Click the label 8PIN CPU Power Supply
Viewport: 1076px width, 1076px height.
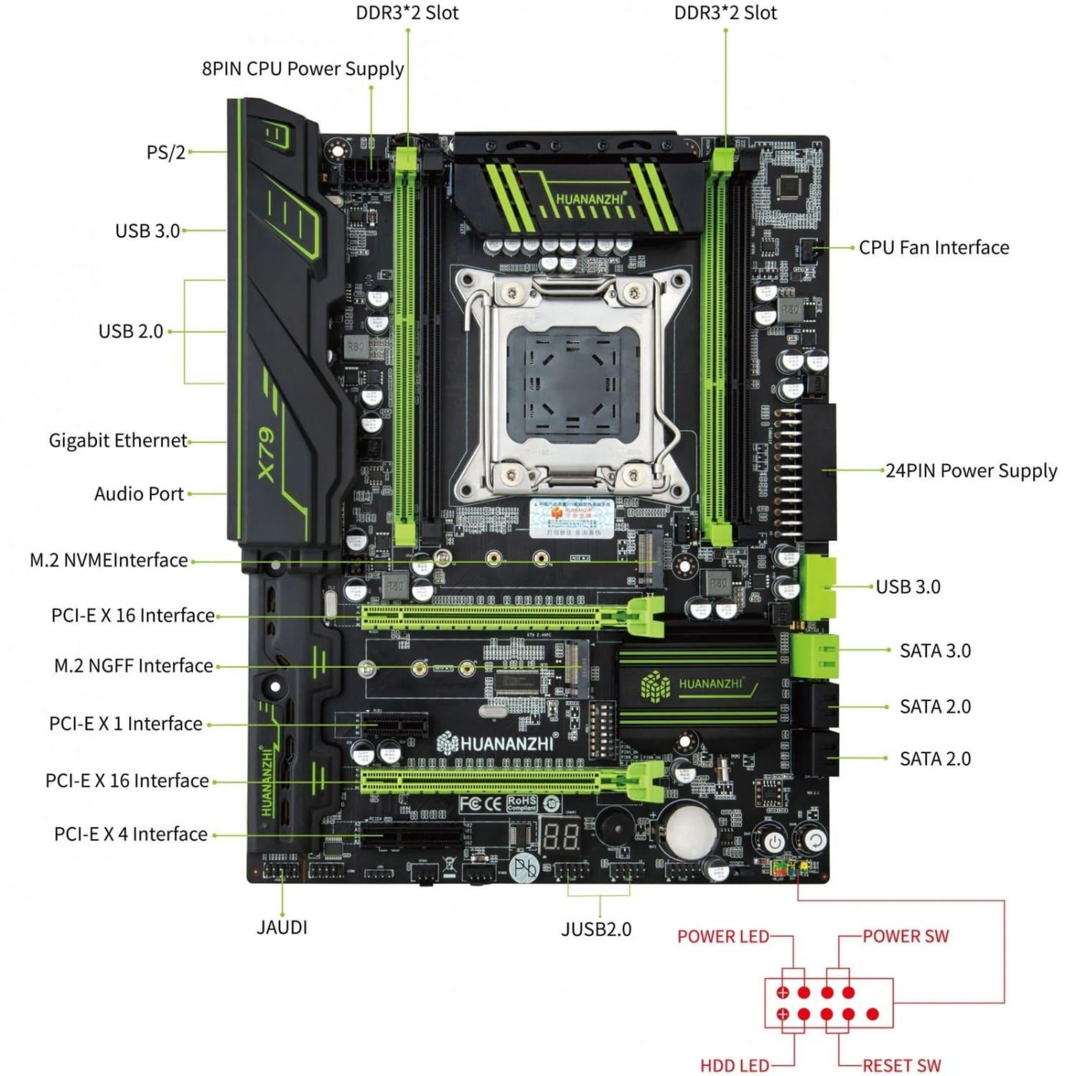(x=302, y=68)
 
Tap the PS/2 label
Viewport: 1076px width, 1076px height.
(x=166, y=152)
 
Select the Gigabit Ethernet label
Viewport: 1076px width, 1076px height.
(x=118, y=440)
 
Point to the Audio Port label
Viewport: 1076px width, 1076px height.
(x=139, y=493)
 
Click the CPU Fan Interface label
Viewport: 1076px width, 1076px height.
(x=934, y=247)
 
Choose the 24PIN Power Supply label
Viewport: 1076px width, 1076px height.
(x=971, y=470)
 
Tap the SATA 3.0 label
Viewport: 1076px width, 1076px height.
(x=935, y=651)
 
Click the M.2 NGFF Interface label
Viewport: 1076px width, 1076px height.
(x=134, y=666)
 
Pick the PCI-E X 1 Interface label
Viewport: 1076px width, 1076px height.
(x=126, y=724)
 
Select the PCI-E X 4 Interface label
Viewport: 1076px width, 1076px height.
(x=131, y=835)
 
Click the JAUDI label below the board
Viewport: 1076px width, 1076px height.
(x=282, y=928)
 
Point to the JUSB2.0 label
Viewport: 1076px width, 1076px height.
(x=596, y=929)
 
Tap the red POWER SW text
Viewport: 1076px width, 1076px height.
(x=905, y=936)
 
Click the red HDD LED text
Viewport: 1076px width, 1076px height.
(x=735, y=1065)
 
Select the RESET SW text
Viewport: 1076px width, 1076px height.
(x=902, y=1065)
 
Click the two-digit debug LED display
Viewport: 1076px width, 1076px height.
(x=561, y=836)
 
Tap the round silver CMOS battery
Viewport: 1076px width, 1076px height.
(x=690, y=831)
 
